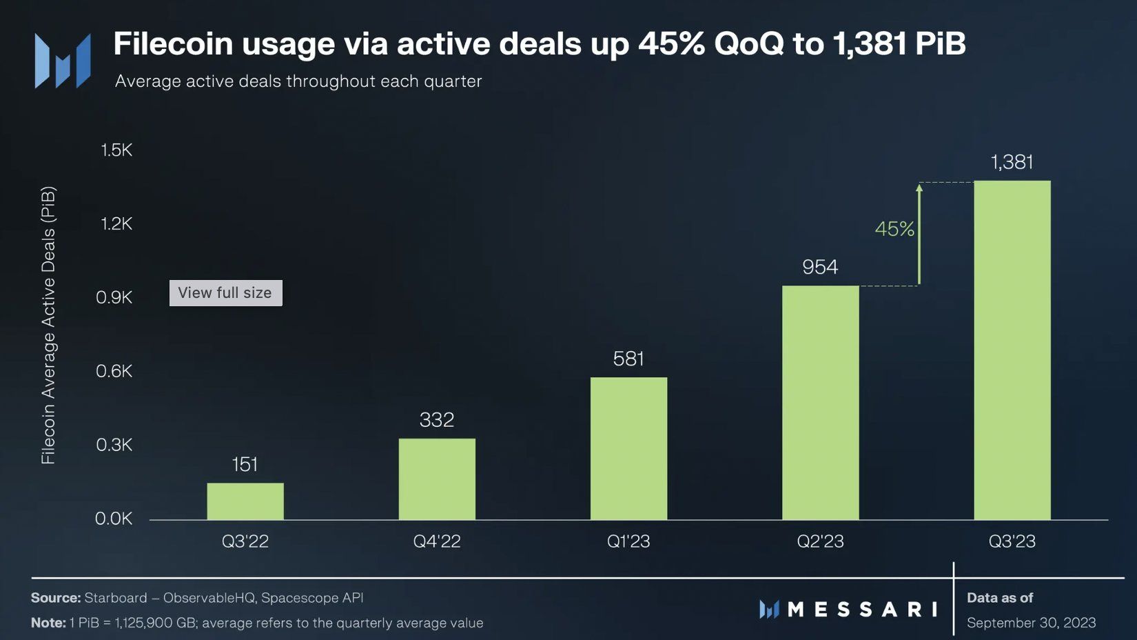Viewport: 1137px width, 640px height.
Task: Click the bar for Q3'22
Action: click(245, 501)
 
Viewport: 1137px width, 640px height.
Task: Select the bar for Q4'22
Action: click(437, 479)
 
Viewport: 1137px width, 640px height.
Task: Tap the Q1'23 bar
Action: click(628, 448)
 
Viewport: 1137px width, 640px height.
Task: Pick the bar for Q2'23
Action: click(820, 403)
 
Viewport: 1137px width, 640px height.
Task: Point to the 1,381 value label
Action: click(1012, 162)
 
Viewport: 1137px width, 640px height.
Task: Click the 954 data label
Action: click(820, 267)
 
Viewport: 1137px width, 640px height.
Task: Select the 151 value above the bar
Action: click(245, 464)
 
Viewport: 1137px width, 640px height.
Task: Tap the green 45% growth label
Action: click(894, 229)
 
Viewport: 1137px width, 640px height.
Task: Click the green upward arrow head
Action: click(919, 188)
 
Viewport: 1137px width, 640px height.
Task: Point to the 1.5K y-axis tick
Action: click(116, 150)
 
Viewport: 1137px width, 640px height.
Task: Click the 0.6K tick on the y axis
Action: click(114, 371)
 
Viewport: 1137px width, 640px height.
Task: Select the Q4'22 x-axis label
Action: click(437, 541)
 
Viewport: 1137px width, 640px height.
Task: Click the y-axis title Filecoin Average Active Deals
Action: click(48, 325)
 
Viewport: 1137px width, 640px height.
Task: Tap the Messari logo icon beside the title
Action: click(63, 61)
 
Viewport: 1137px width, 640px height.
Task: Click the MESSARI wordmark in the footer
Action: click(862, 610)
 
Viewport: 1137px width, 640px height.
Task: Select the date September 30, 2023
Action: click(1031, 623)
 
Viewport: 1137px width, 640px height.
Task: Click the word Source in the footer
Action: click(55, 598)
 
